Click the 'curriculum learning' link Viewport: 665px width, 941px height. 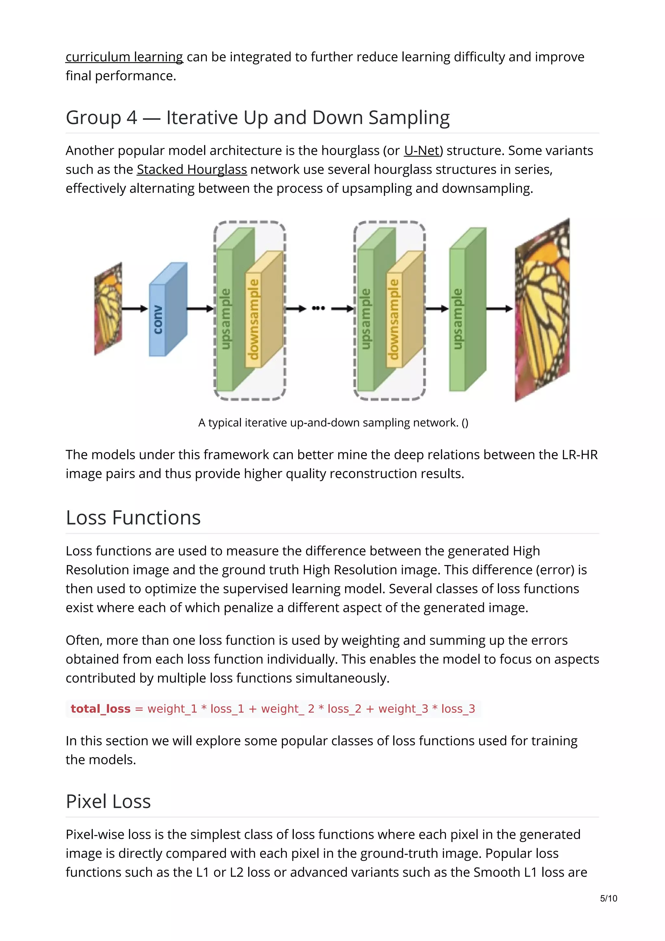(124, 56)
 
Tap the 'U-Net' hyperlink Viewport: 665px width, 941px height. (421, 150)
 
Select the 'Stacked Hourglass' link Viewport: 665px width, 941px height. (192, 169)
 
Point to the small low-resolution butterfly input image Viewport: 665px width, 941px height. (108, 308)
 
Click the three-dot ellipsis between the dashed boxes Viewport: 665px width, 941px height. (318, 308)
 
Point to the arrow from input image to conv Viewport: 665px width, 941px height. (135, 308)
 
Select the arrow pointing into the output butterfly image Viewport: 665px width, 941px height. (499, 308)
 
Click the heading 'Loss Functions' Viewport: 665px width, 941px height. (133, 518)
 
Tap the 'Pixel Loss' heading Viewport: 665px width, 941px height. (108, 801)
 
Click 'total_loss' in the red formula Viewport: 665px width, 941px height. (100, 709)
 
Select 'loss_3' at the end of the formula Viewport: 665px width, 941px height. (458, 709)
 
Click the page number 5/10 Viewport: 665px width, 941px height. (609, 898)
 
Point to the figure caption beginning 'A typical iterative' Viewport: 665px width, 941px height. (333, 422)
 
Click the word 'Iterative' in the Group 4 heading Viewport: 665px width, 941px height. (202, 118)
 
